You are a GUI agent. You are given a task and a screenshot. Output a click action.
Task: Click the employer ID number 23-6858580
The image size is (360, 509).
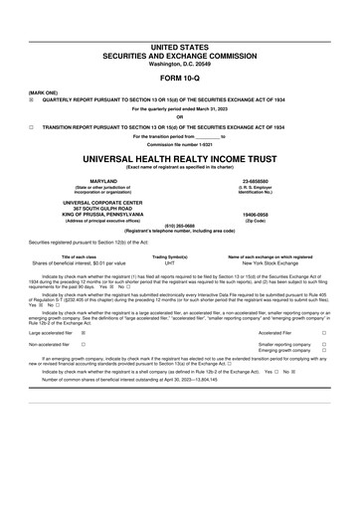270,180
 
